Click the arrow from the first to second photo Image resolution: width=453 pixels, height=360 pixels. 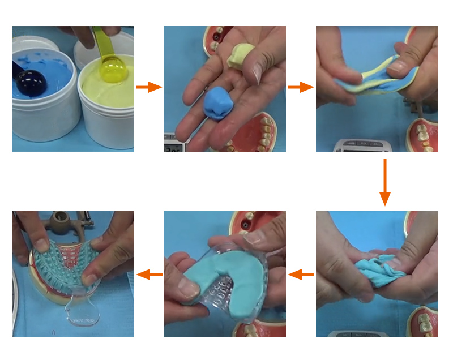pos(149,87)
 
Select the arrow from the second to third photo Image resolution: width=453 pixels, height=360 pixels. pos(301,87)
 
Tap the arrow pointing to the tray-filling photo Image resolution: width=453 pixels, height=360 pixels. pos(301,275)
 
